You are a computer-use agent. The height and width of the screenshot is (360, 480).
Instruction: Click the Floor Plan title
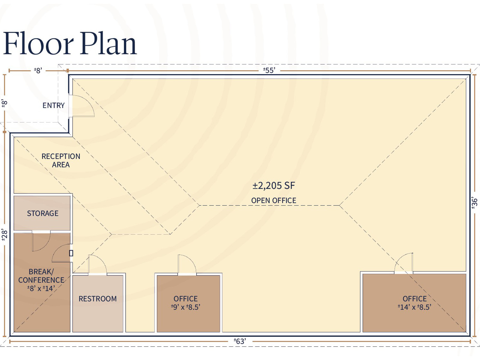pyautogui.click(x=70, y=43)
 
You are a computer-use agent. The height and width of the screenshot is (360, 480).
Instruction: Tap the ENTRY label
pyautogui.click(x=54, y=105)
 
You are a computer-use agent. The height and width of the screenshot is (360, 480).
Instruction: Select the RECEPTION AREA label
pyautogui.click(x=61, y=160)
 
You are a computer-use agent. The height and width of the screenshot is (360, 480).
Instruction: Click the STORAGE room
pyautogui.click(x=42, y=213)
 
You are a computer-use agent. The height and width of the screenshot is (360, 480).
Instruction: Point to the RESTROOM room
pyautogui.click(x=98, y=304)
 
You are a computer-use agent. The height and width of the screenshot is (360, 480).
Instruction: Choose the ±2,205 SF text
pyautogui.click(x=274, y=186)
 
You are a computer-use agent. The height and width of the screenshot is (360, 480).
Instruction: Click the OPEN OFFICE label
pyautogui.click(x=274, y=200)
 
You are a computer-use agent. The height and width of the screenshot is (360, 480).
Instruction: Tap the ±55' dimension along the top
pyautogui.click(x=269, y=70)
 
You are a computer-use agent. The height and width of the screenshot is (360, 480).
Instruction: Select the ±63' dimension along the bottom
pyautogui.click(x=240, y=341)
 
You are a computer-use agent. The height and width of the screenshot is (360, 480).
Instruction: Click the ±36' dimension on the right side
pyautogui.click(x=474, y=203)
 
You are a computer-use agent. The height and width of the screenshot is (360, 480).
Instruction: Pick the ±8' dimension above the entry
pyautogui.click(x=38, y=70)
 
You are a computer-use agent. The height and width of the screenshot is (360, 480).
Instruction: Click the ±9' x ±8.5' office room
pyautogui.click(x=188, y=304)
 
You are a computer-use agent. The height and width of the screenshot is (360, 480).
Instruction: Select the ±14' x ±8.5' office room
pyautogui.click(x=414, y=303)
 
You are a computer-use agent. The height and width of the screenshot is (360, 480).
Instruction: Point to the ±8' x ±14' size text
pyautogui.click(x=41, y=288)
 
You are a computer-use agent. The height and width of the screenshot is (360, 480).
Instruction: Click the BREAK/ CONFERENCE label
pyautogui.click(x=41, y=276)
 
